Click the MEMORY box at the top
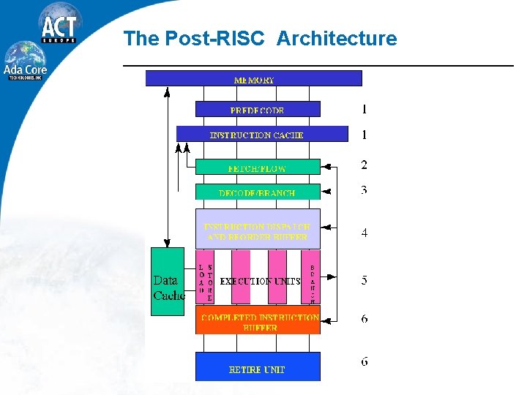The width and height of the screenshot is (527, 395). pyautogui.click(x=253, y=78)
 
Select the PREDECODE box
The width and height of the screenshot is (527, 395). pyautogui.click(x=257, y=109)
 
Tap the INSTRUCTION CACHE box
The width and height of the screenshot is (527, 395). pyautogui.click(x=261, y=134)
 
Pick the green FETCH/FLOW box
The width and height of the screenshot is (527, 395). pyautogui.click(x=257, y=167)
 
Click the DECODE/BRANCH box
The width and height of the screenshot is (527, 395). pyautogui.click(x=257, y=192)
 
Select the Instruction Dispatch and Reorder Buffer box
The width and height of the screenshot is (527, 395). pyautogui.click(x=257, y=230)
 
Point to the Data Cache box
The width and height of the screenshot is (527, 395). pyautogui.click(x=168, y=282)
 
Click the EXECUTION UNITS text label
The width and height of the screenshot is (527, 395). pyautogui.click(x=260, y=281)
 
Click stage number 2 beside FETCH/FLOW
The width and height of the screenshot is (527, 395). pyautogui.click(x=364, y=165)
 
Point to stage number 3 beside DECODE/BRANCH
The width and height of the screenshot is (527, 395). pyautogui.click(x=364, y=190)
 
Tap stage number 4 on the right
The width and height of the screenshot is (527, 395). pyautogui.click(x=364, y=233)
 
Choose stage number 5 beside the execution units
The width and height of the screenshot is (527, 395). pyautogui.click(x=364, y=280)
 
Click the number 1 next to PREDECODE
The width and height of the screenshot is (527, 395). pyautogui.click(x=364, y=110)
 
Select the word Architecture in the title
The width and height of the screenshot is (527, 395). pyautogui.click(x=337, y=38)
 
